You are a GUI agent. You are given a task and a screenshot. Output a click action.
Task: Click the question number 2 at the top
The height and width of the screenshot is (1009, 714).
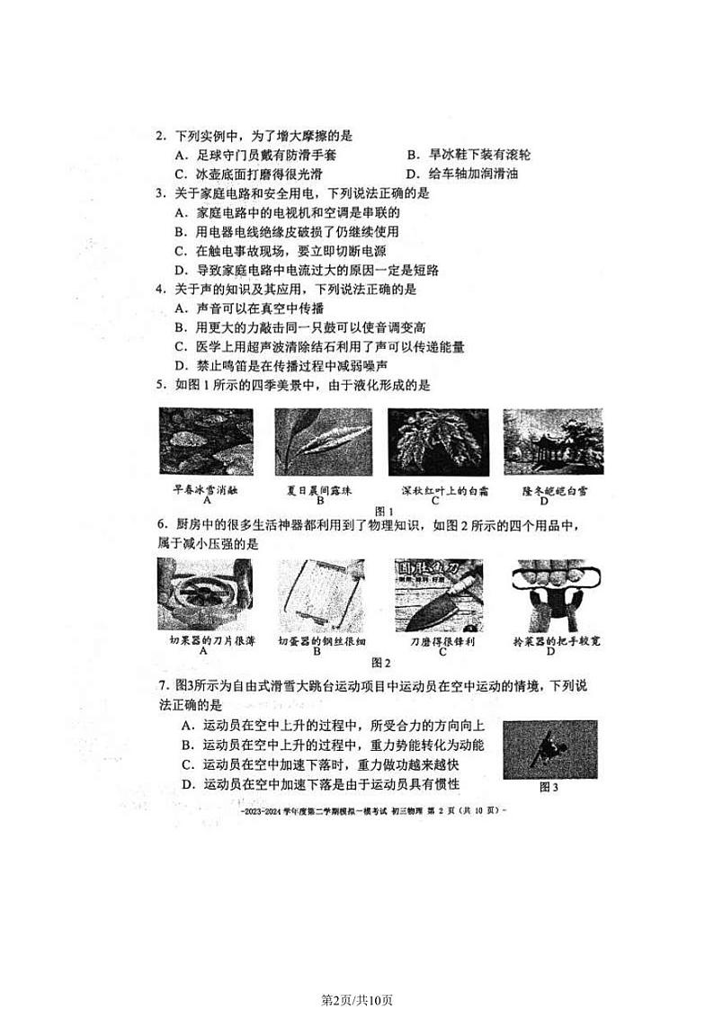click(160, 137)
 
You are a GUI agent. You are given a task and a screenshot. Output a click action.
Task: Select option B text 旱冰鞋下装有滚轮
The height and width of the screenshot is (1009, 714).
click(468, 156)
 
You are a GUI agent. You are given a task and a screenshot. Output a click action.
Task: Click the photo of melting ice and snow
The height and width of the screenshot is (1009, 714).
click(205, 442)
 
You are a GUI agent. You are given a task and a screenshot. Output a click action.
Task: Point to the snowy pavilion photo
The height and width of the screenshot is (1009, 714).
click(552, 442)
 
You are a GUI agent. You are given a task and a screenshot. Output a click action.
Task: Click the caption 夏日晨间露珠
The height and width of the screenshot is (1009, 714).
click(318, 490)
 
